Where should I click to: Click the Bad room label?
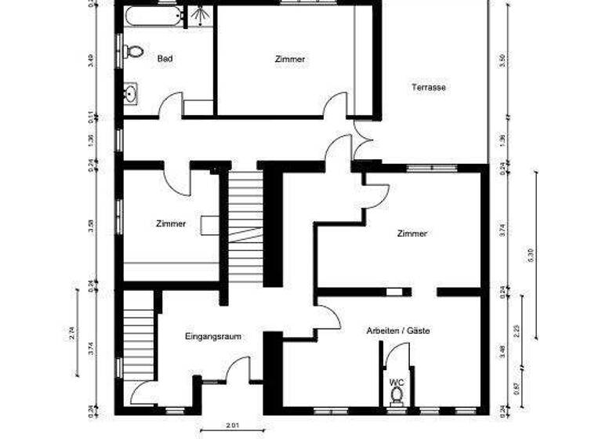pos(165,59)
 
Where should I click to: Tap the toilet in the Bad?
pos(133,52)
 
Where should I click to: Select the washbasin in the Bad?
pos(131,94)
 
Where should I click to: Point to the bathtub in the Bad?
pos(152,15)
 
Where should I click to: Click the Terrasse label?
pos(428,88)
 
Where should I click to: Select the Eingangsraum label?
pos(212,336)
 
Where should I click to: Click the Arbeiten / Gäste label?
pos(398,331)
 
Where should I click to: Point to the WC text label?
pos(397,382)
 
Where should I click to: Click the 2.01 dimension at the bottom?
pos(233,425)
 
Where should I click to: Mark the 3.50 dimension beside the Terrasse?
pos(502,60)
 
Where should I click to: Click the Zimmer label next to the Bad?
pos(289,59)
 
